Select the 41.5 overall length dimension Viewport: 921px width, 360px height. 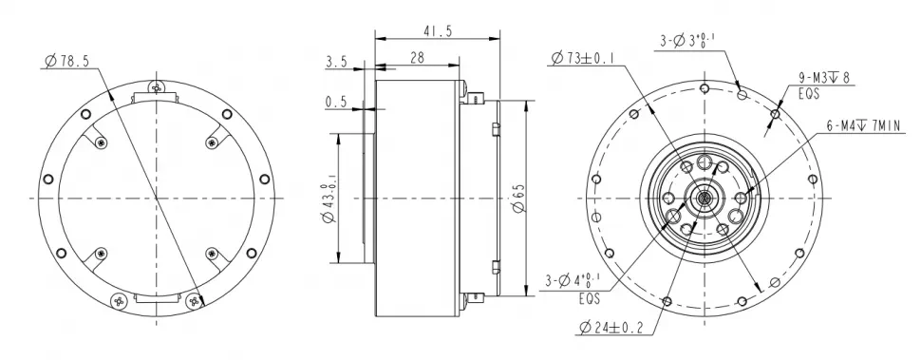click(x=438, y=31)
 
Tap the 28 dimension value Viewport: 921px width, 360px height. click(x=417, y=59)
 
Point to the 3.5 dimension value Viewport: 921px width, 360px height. click(x=336, y=62)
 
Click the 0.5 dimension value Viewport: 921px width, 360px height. click(x=336, y=101)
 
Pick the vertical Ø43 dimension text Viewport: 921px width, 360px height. click(x=327, y=200)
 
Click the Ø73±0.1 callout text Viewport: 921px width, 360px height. click(x=582, y=59)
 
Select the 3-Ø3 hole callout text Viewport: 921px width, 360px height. click(x=688, y=40)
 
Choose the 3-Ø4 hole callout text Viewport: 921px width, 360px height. click(x=580, y=282)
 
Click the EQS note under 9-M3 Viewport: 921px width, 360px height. click(x=809, y=95)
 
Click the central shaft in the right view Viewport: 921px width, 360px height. click(x=705, y=199)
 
